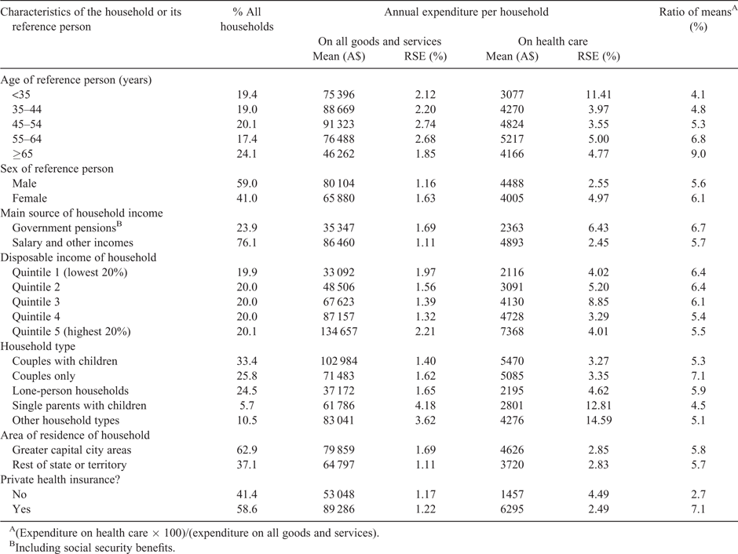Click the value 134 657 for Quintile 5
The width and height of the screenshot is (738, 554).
[x=339, y=332]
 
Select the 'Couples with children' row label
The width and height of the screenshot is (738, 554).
[x=65, y=361]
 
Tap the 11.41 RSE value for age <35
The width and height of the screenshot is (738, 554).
[x=598, y=94]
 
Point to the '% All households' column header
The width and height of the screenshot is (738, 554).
[x=247, y=20]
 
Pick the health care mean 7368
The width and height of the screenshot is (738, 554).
[x=512, y=332]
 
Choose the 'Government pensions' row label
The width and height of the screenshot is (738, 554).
[x=64, y=228]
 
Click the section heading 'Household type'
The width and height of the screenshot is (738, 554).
[x=38, y=347]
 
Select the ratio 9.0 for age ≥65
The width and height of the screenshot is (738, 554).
[x=698, y=154]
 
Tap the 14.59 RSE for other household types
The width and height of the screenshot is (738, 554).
[x=598, y=421]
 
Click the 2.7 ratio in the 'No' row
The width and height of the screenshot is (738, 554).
[x=698, y=494]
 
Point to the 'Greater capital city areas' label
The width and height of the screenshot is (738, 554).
[x=71, y=450]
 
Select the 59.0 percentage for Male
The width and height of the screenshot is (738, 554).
[x=247, y=184]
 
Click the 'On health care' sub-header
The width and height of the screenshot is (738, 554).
[x=553, y=42]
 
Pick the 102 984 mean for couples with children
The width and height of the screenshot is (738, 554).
[x=339, y=361]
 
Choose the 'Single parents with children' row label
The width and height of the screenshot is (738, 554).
[x=79, y=406]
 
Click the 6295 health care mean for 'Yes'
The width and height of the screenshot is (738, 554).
[x=512, y=509]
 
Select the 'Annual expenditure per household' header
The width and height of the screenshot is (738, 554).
[x=466, y=13]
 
